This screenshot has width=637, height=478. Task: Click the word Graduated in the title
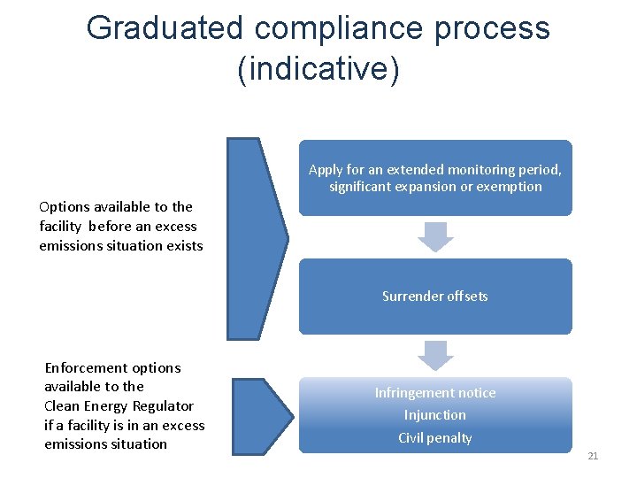(x=164, y=28)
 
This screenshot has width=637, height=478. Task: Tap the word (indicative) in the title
(x=318, y=69)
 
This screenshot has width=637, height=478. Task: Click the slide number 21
(x=593, y=456)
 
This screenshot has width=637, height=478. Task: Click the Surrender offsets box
(x=434, y=297)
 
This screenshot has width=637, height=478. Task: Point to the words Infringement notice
(x=434, y=393)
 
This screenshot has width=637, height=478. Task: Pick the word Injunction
(x=434, y=415)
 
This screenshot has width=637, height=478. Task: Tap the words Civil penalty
(x=434, y=438)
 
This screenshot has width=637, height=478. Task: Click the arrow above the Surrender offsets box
(x=434, y=237)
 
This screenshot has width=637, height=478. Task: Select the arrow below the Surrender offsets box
(x=434, y=355)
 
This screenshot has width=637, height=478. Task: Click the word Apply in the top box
(x=325, y=169)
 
